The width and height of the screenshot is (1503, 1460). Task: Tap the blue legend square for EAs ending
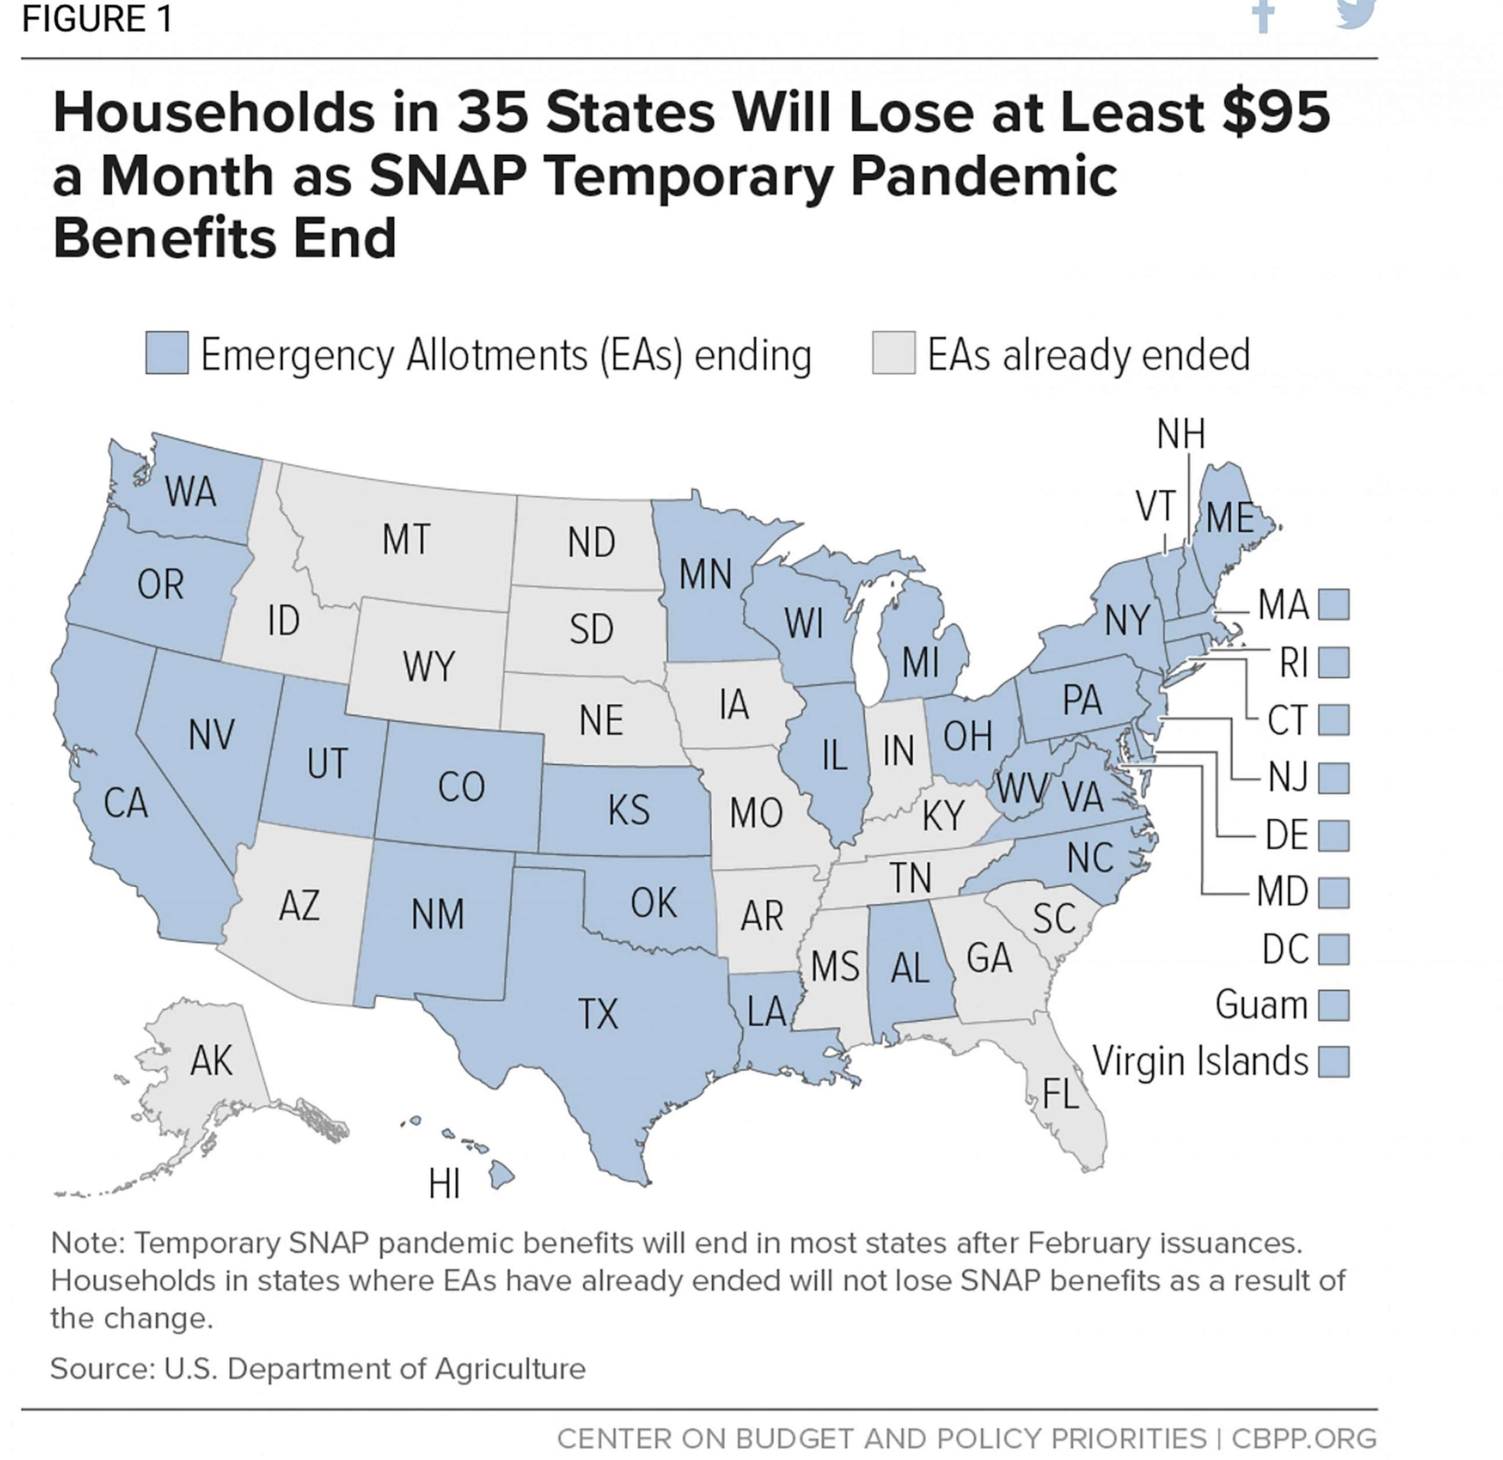click(167, 354)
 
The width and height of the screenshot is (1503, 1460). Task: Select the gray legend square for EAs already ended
click(893, 354)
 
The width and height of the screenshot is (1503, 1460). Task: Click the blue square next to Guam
click(1334, 1005)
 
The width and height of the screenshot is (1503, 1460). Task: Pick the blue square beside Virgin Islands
click(1334, 1062)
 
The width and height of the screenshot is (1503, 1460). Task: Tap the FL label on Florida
click(1061, 1094)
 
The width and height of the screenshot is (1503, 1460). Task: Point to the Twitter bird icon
click(1356, 14)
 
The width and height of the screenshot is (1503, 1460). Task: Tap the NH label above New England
click(1181, 434)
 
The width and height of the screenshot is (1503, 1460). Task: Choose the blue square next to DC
click(1334, 949)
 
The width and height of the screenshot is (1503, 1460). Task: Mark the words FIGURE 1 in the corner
click(97, 19)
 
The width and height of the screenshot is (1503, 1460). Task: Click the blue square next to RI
click(1334, 663)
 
